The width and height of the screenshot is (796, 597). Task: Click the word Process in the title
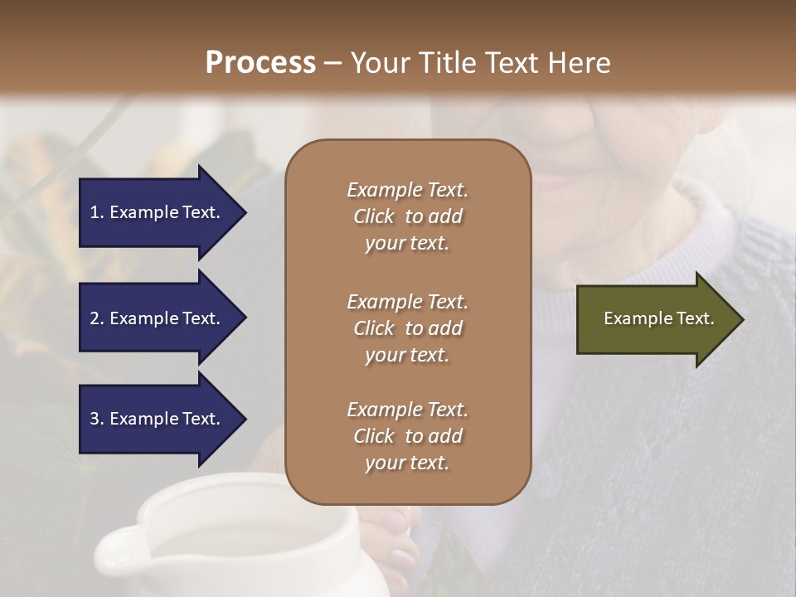[260, 63]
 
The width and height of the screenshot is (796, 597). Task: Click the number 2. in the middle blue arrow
[97, 318]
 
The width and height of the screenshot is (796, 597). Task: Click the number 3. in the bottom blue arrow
[97, 419]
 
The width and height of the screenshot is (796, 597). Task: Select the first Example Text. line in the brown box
[407, 190]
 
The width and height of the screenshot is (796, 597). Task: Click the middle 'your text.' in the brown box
[407, 355]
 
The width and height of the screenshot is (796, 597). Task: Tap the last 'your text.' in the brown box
[407, 463]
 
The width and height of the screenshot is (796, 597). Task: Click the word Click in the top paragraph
[374, 216]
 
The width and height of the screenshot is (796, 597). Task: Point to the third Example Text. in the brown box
[407, 410]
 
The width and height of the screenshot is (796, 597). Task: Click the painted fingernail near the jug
[404, 559]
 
